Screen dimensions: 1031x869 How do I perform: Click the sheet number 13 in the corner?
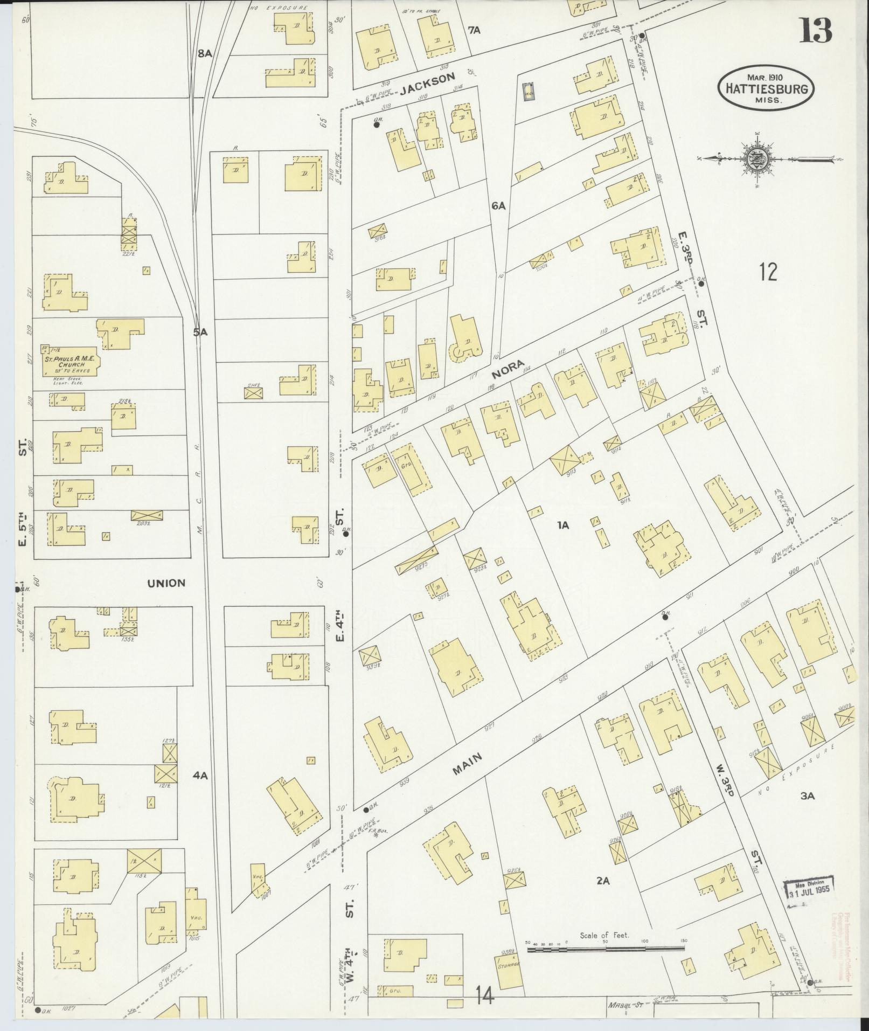pyautogui.click(x=815, y=31)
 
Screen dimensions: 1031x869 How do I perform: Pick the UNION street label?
pyautogui.click(x=166, y=583)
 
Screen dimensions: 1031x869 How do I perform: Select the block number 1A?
pyautogui.click(x=564, y=524)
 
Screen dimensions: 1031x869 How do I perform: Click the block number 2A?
pyautogui.click(x=602, y=881)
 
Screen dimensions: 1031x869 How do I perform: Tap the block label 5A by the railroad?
pyautogui.click(x=200, y=333)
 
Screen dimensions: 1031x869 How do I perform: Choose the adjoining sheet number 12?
pyautogui.click(x=768, y=272)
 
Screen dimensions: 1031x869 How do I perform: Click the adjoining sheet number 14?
pyautogui.click(x=485, y=998)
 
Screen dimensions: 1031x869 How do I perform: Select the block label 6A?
pyautogui.click(x=498, y=205)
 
